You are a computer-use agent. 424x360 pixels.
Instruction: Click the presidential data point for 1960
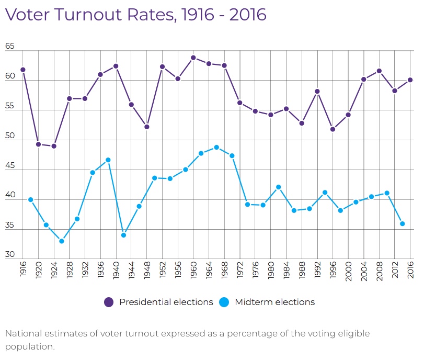(193, 58)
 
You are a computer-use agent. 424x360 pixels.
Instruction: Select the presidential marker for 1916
(23, 70)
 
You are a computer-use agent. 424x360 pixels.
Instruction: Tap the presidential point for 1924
(54, 146)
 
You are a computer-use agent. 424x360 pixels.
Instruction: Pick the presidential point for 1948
(147, 127)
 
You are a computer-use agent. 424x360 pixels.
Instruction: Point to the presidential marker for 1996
(333, 129)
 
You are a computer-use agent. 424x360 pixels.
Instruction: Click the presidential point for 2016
(410, 80)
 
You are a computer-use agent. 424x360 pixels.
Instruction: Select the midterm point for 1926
(62, 241)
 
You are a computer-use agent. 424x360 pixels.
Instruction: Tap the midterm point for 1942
(123, 235)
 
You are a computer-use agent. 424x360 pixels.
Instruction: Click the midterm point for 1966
(216, 148)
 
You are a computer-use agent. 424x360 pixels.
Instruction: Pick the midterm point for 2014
(403, 223)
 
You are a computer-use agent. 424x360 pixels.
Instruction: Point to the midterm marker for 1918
(31, 199)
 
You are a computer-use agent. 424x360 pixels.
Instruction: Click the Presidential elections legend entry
(159, 302)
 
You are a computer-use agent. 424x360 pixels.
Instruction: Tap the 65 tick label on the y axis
(10, 47)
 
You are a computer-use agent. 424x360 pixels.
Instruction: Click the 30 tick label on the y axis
(10, 255)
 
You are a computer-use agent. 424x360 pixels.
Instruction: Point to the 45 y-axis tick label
(10, 166)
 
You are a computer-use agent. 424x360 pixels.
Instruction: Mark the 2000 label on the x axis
(349, 269)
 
